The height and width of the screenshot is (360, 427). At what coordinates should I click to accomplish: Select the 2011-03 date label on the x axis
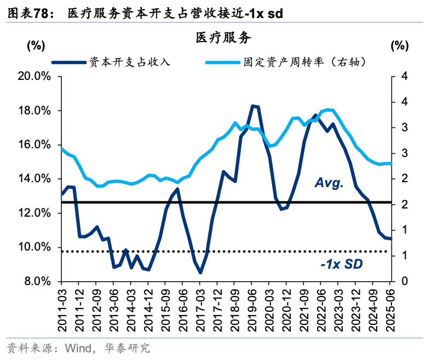click(x=61, y=309)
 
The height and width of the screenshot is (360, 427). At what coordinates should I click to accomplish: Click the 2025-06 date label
click(x=390, y=309)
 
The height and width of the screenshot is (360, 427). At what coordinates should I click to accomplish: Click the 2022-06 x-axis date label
click(x=320, y=309)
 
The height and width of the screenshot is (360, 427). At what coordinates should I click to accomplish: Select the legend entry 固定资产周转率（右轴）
click(x=304, y=62)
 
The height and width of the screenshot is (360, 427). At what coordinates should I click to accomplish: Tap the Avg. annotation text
click(x=329, y=183)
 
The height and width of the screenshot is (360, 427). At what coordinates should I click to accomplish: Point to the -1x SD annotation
click(x=342, y=265)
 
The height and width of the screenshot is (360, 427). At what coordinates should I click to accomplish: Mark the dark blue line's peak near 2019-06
click(x=254, y=106)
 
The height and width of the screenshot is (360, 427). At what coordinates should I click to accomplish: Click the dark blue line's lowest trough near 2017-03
click(x=200, y=272)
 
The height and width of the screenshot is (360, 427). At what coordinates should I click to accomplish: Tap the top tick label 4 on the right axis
click(x=404, y=77)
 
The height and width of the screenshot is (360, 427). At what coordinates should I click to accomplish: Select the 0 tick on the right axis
click(x=404, y=281)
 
